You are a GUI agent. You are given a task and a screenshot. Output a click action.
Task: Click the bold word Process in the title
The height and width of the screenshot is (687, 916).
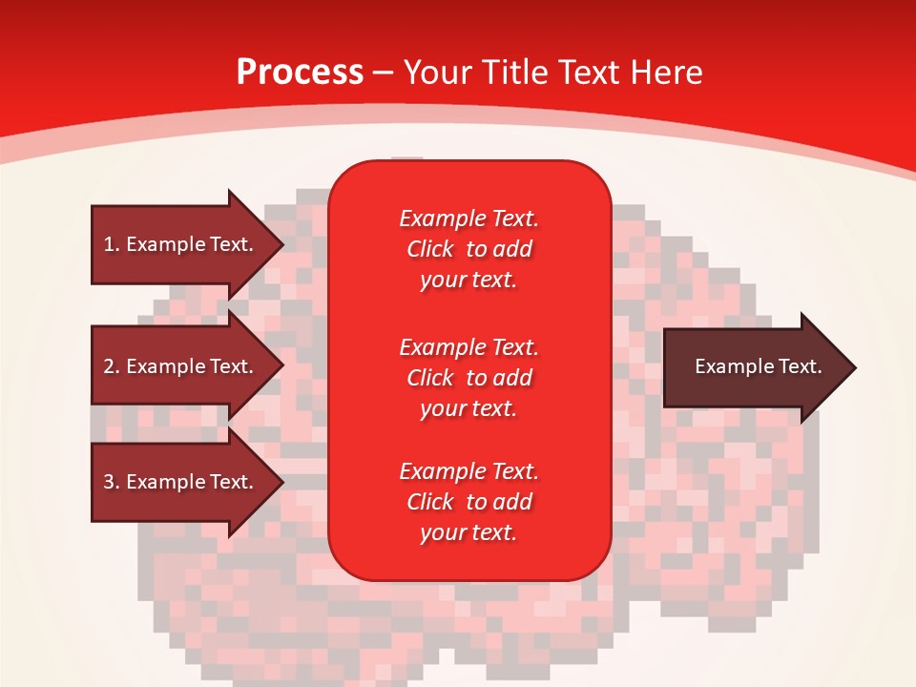pyautogui.click(x=300, y=73)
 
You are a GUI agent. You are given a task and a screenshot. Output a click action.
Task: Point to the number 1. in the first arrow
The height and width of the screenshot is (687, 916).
pyautogui.click(x=112, y=244)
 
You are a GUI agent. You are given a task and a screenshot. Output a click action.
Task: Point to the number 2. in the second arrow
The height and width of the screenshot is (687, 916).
pyautogui.click(x=112, y=366)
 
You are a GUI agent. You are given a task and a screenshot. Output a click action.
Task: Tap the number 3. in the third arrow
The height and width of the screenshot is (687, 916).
pyautogui.click(x=112, y=482)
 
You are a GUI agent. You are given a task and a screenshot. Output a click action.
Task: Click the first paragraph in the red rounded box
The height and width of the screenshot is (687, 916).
pyautogui.click(x=468, y=249)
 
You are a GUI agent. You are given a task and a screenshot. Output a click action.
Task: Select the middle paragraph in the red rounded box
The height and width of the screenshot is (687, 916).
pyautogui.click(x=468, y=378)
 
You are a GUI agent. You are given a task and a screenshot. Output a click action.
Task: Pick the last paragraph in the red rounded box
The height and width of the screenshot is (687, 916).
pyautogui.click(x=468, y=502)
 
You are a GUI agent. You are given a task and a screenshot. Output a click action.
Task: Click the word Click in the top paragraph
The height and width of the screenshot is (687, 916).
pyautogui.click(x=430, y=249)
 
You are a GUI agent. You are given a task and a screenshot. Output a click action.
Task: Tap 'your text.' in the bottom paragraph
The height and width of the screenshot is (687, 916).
pyautogui.click(x=468, y=532)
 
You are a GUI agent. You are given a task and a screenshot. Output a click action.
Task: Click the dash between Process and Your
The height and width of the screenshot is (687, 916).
pyautogui.click(x=383, y=73)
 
